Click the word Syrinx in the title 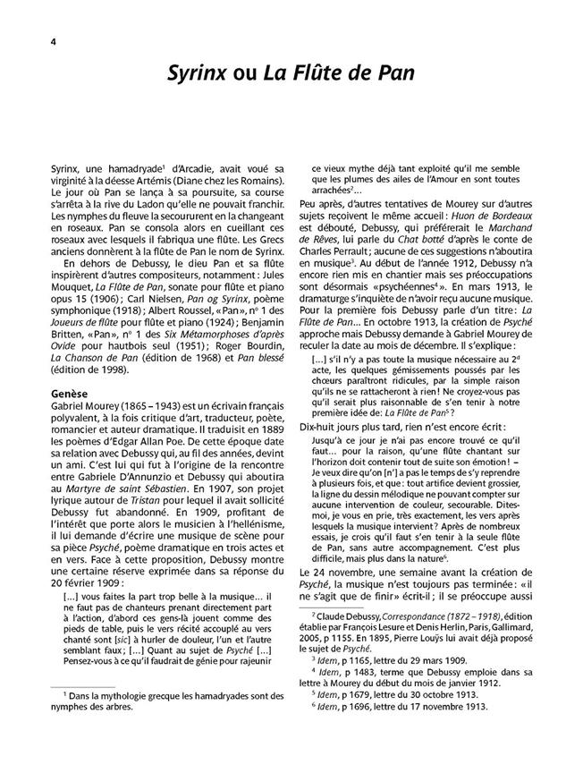[x=199, y=73]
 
